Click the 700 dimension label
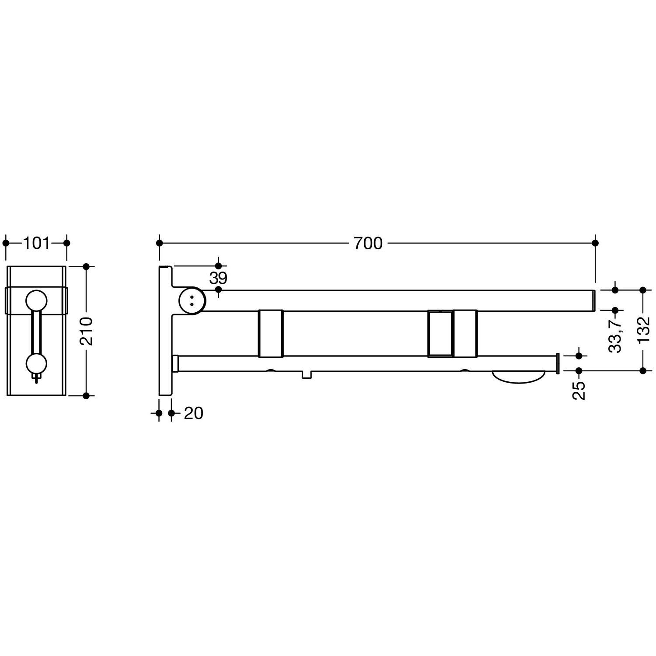[x=368, y=243]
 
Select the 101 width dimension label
[x=36, y=243]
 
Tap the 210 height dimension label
[x=86, y=331]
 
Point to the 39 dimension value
[x=218, y=278]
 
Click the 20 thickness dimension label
[x=194, y=413]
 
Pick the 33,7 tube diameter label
[x=615, y=335]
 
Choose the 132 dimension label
[x=643, y=330]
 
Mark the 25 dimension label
[x=579, y=390]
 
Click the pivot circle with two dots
[x=192, y=300]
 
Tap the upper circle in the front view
[x=36, y=301]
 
